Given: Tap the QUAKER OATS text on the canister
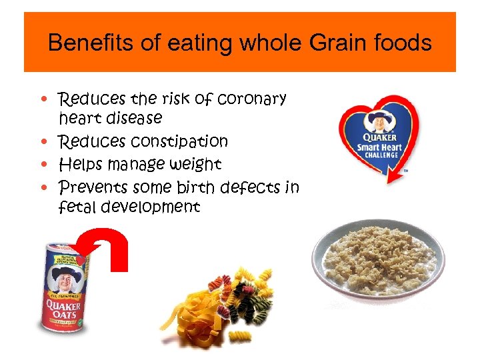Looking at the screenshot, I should pyautogui.click(x=62, y=307).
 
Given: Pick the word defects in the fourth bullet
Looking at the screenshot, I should pyautogui.click(x=251, y=187).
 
